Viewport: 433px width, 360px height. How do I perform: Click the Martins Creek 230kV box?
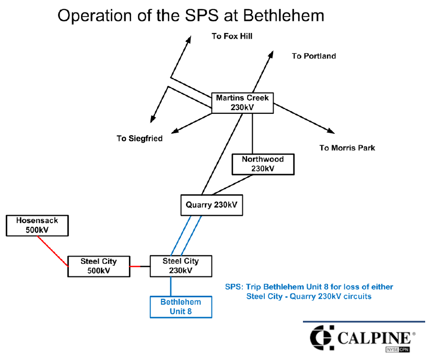(242, 102)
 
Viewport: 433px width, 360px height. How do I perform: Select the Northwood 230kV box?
(263, 164)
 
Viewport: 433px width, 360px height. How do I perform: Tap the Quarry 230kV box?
(212, 205)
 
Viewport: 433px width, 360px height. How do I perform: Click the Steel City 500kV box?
(99, 265)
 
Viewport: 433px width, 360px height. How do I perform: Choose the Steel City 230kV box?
(181, 265)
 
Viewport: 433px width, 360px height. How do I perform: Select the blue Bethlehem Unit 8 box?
(181, 307)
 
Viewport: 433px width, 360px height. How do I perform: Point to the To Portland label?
(314, 56)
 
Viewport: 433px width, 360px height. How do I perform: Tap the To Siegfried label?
(139, 138)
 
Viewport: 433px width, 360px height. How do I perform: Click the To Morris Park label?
(347, 148)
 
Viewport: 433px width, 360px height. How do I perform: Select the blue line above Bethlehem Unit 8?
(171, 286)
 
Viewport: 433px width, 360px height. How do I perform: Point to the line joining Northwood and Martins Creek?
(253, 133)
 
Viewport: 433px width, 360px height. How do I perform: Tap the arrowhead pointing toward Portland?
(271, 55)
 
